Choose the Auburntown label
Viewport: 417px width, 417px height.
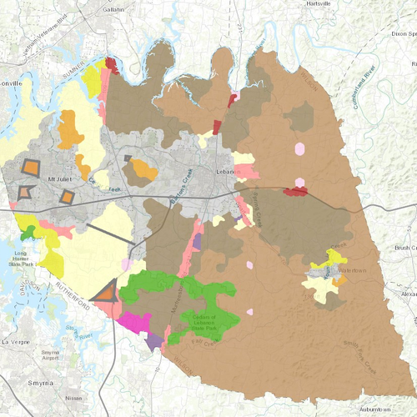tap(372, 409)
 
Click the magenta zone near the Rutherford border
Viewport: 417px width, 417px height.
tap(133, 322)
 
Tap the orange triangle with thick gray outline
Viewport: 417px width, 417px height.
tap(106, 292)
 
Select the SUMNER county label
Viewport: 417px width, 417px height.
tap(76, 79)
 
